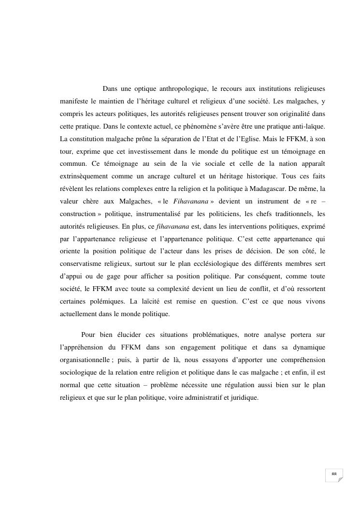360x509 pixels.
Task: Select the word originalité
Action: tap(290, 114)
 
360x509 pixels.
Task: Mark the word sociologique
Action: tap(83, 373)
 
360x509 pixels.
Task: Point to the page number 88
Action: tap(333, 475)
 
